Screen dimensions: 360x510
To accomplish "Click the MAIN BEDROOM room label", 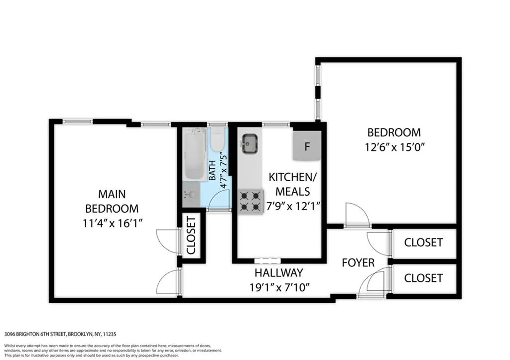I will point(112,201).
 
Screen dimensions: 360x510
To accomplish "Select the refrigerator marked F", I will point(307,146).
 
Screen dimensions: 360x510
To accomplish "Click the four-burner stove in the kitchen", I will point(251,201).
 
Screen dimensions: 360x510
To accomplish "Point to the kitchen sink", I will point(249,144).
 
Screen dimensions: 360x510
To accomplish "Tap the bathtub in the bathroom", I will point(193,154).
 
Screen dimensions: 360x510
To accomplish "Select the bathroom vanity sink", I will point(189,196).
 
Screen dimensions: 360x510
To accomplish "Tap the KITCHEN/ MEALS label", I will point(292,184).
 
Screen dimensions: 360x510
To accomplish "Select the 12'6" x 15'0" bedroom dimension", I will point(394,147).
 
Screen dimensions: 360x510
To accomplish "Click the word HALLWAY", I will point(278,273).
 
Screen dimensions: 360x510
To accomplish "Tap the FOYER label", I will point(358,262).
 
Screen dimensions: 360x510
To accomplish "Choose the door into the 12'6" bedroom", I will point(357,215).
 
